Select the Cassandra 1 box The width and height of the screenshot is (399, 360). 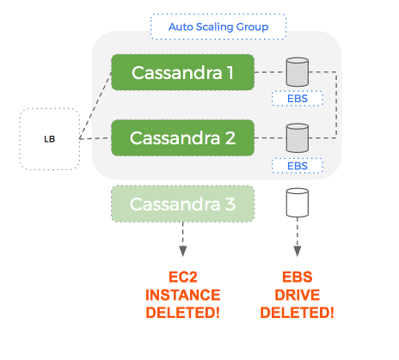pyautogui.click(x=182, y=73)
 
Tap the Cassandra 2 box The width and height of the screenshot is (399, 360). pyautogui.click(x=182, y=137)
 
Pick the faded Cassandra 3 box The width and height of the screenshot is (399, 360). pyautogui.click(x=182, y=204)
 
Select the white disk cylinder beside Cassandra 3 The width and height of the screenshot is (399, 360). pyautogui.click(x=297, y=204)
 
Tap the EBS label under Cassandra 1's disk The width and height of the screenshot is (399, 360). pyautogui.click(x=297, y=98)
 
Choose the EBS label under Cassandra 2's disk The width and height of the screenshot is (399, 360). pyautogui.click(x=297, y=164)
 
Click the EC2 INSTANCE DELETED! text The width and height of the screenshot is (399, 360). pyautogui.click(x=181, y=295)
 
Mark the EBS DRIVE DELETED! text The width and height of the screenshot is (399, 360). pyautogui.click(x=297, y=295)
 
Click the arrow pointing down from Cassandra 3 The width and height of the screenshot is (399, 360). pyautogui.click(x=182, y=241)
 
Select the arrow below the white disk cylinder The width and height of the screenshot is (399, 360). pyautogui.click(x=297, y=241)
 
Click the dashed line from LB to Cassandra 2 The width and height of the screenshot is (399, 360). pyautogui.click(x=95, y=137)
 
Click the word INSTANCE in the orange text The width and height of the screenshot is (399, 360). pyautogui.click(x=181, y=295)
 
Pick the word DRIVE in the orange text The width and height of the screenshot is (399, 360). pyautogui.click(x=297, y=295)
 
